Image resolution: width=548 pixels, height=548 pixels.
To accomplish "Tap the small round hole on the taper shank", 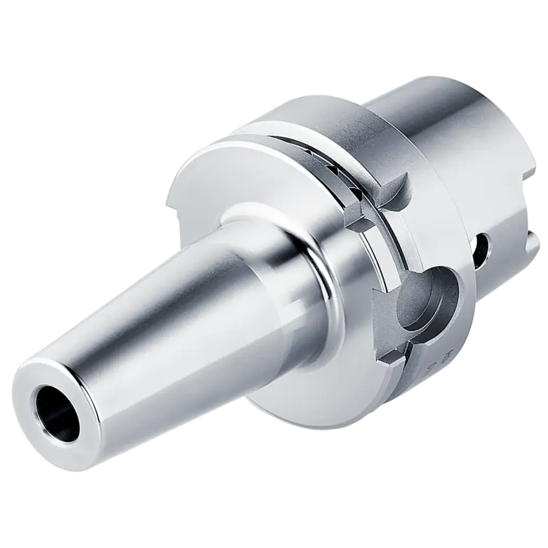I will click(482, 246).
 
